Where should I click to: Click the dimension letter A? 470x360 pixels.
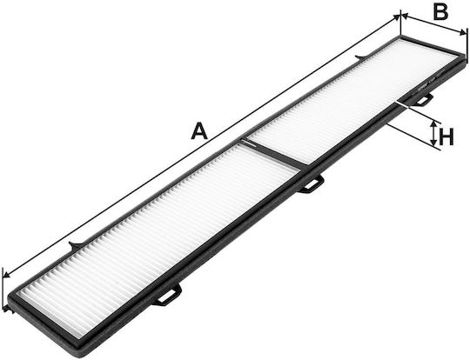(x=199, y=130)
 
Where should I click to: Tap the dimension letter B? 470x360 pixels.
(x=440, y=12)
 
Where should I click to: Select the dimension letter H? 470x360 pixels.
(x=446, y=137)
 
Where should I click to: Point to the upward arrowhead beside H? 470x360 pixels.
(x=433, y=124)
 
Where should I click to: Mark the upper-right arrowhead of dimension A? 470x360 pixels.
(x=396, y=18)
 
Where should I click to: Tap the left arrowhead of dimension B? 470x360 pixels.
(x=405, y=17)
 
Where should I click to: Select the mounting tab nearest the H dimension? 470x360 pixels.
(x=422, y=100)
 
